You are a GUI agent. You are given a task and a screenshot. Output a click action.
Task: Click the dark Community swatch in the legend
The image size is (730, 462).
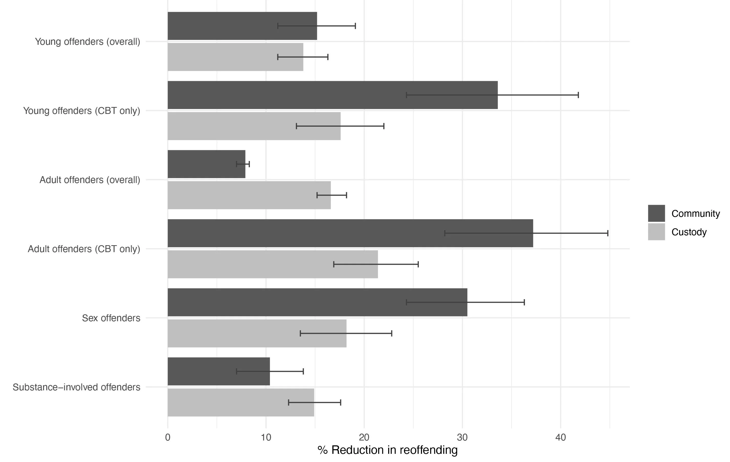pos(656,213)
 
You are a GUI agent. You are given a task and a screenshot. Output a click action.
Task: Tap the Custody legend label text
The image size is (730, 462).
pos(689,232)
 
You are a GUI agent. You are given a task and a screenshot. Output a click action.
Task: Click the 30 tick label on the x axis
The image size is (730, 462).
pos(462,437)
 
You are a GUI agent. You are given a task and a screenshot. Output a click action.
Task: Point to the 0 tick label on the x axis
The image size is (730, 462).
pos(168,437)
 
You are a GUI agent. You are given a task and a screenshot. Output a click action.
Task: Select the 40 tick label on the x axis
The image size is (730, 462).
pos(560,437)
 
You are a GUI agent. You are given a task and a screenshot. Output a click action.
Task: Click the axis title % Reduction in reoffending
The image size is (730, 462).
pos(387,450)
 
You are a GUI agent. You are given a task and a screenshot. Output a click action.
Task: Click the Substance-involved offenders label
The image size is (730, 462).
pos(76,387)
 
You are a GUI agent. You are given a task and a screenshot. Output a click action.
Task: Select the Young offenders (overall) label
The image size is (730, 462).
pos(87,41)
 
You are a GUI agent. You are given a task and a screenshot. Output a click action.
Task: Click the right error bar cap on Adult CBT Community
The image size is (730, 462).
pos(608,233)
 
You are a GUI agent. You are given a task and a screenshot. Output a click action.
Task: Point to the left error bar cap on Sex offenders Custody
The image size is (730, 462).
pos(300,333)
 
